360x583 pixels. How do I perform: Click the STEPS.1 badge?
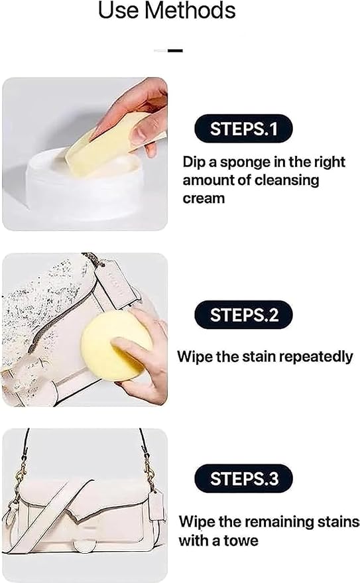243,129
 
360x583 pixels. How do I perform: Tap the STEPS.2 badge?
243,314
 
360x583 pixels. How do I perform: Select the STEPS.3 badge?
243,478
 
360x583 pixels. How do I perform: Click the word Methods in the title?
190,11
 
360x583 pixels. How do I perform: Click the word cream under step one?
204,198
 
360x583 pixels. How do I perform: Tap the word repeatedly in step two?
316,357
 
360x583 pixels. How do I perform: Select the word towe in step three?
240,541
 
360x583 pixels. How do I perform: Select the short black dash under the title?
175,50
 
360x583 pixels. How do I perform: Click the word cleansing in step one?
286,181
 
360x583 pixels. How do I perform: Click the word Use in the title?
119,11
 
